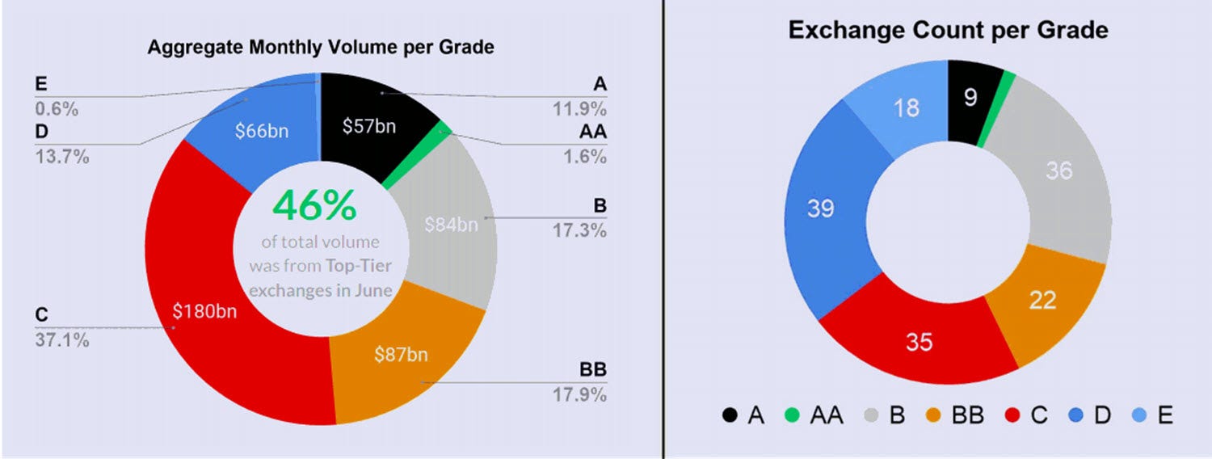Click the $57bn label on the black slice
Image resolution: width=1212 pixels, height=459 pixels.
pos(369,126)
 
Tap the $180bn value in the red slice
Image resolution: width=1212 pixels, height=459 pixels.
pos(204,311)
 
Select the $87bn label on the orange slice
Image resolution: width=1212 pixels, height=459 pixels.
pos(401,355)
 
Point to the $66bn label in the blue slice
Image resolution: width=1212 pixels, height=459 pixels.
pos(262,131)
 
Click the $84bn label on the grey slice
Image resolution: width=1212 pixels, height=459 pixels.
pos(451,225)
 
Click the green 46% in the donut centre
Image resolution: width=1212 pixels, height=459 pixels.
pos(315,205)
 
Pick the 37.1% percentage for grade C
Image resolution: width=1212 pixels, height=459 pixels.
pos(62,340)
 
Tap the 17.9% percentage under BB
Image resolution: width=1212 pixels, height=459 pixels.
pos(579,394)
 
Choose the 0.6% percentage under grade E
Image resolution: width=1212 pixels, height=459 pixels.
pos(57,109)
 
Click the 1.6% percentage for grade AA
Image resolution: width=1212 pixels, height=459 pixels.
pos(585,157)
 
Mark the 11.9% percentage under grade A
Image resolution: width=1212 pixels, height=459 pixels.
pos(579,109)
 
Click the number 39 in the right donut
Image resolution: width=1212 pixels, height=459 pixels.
pos(821,208)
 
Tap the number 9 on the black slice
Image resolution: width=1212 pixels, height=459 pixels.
pos(970,98)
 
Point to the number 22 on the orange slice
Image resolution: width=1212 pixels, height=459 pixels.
pos(1042,300)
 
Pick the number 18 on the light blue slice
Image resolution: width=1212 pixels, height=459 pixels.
pos(907,107)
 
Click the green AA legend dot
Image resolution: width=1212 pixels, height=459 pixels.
pos(792,415)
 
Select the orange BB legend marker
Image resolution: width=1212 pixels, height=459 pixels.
pos(933,415)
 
